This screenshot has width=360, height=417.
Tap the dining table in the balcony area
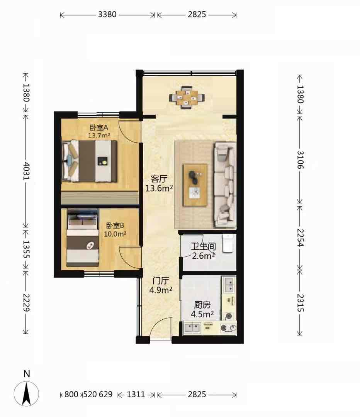coord(187,97)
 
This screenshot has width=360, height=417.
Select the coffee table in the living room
coord(195,185)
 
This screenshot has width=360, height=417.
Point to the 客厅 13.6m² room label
coord(159,183)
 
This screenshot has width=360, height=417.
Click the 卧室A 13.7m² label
coord(99,131)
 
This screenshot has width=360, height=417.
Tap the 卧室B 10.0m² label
coord(115,230)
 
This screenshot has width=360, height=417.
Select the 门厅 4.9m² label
coord(161,285)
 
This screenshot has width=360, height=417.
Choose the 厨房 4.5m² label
coord(202,309)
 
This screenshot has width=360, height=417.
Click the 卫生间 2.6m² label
coord(204,251)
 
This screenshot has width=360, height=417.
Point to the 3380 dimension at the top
coord(107,14)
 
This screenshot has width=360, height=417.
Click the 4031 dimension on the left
coord(26,171)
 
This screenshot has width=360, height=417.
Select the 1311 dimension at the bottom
coord(136,394)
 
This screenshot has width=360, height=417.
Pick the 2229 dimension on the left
coord(26,302)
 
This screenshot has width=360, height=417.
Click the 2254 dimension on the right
coord(300,237)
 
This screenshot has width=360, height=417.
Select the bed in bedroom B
coord(83,237)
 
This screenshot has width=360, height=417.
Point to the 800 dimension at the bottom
coord(71,394)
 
